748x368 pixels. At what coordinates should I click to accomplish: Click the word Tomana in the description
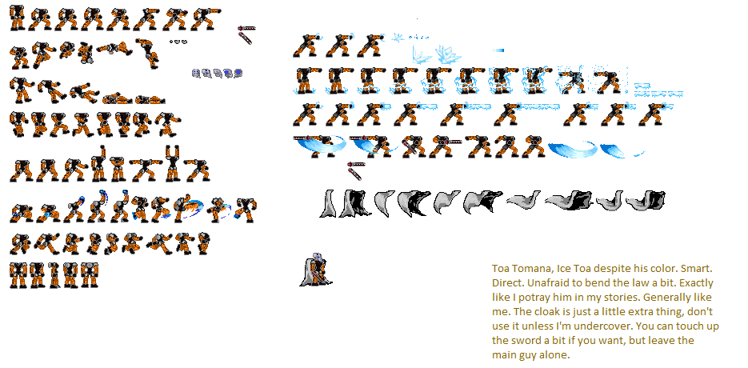point(538,268)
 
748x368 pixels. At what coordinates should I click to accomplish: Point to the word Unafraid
point(553,282)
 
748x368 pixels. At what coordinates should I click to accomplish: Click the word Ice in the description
point(576,268)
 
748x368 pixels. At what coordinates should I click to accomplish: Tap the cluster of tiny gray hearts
point(178,41)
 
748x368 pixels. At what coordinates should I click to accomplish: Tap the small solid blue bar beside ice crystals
point(498,50)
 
